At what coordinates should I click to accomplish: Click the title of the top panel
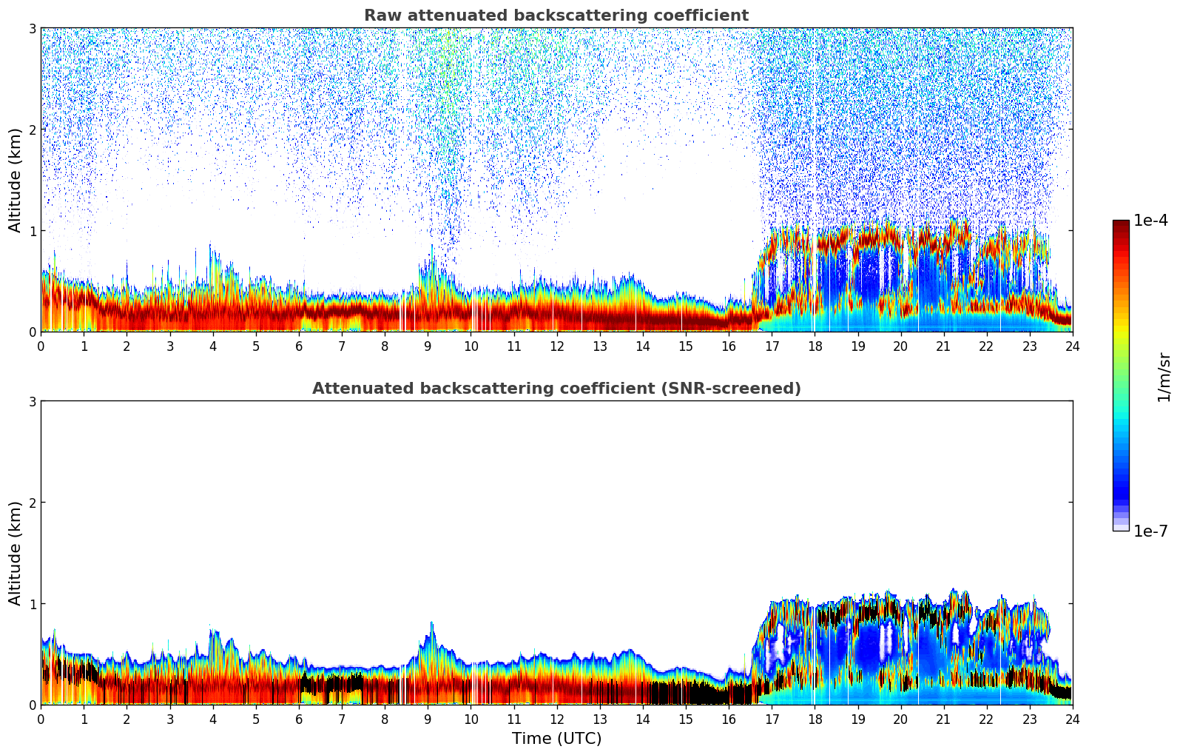[x=556, y=16]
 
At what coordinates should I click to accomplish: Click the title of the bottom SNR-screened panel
[x=556, y=389]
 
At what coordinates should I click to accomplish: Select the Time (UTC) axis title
[x=556, y=739]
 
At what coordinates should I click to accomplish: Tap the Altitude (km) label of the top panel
[x=16, y=180]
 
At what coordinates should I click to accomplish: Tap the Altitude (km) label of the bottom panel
[x=16, y=553]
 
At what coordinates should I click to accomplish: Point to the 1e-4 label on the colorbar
[x=1150, y=221]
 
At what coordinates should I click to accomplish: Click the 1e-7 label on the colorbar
[x=1150, y=531]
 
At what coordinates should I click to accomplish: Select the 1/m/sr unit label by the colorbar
[x=1164, y=377]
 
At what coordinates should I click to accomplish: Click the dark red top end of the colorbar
[x=1121, y=224]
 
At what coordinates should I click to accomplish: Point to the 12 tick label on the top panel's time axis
[x=556, y=346]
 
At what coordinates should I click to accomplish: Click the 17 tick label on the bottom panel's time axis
[x=772, y=719]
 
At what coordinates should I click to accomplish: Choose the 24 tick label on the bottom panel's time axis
[x=1072, y=719]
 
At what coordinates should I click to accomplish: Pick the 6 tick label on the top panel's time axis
[x=299, y=346]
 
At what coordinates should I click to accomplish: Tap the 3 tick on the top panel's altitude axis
[x=33, y=28]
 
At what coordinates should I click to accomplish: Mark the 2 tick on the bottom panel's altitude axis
[x=33, y=503]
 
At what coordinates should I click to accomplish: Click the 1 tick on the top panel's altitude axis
[x=33, y=231]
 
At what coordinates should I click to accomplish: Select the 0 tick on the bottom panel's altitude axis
[x=33, y=705]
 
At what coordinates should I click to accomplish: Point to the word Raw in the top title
[x=378, y=16]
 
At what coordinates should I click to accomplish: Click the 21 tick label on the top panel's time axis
[x=943, y=346]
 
